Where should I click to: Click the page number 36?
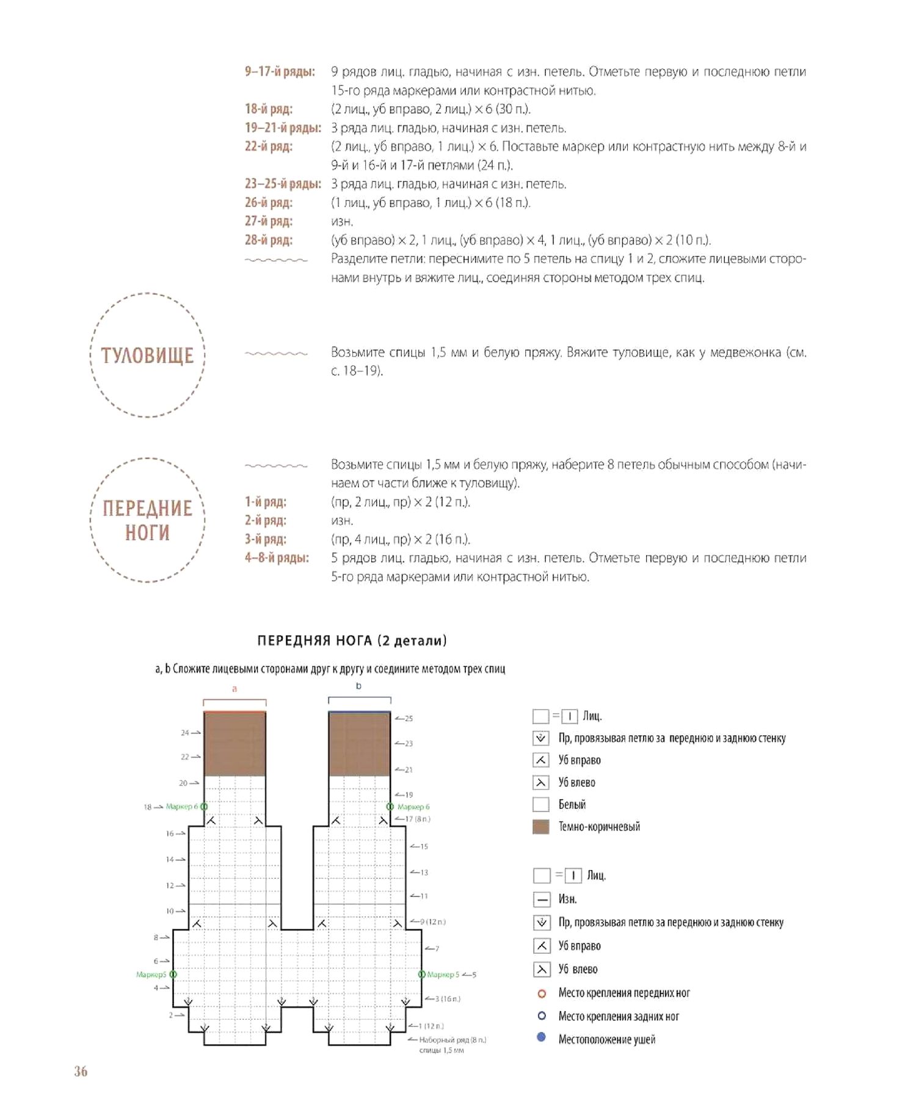coord(81,1071)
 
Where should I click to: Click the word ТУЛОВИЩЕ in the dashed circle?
coord(147,355)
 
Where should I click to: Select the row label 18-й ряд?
coord(269,109)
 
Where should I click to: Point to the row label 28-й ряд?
coord(269,240)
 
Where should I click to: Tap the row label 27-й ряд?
coord(269,221)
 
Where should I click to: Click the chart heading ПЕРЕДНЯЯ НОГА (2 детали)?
coord(352,641)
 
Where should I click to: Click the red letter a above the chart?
coord(234,689)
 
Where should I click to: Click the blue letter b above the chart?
coord(358,686)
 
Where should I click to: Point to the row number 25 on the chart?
coord(409,719)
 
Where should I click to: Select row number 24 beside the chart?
coord(184,732)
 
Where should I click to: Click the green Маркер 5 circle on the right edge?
coord(421,975)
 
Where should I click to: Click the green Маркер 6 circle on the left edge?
coord(204,807)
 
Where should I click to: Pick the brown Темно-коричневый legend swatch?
coord(541,827)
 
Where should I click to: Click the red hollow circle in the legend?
coord(542,993)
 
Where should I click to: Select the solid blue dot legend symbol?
coord(542,1037)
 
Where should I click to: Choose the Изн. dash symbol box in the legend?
coord(542,899)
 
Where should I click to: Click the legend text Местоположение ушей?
coord(606,1039)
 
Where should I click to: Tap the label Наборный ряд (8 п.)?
coord(453,1039)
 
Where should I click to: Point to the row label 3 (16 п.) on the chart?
coord(448,999)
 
